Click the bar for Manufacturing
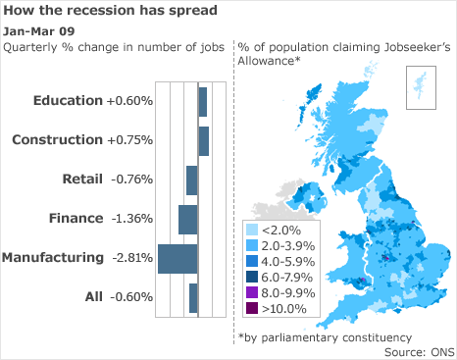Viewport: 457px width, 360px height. pyautogui.click(x=178, y=258)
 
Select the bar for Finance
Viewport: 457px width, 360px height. pyautogui.click(x=188, y=219)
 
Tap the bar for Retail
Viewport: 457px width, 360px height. pyautogui.click(x=192, y=180)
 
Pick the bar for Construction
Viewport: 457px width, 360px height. pyautogui.click(x=204, y=140)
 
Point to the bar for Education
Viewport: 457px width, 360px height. pyautogui.click(x=203, y=101)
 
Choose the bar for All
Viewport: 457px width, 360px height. pyautogui.click(x=193, y=297)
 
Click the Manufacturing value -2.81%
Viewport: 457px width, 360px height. pyautogui.click(x=131, y=258)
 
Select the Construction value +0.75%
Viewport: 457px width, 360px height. pyautogui.click(x=131, y=140)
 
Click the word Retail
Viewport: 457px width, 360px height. pyautogui.click(x=81, y=180)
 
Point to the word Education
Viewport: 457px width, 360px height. pyautogui.click(x=67, y=101)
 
